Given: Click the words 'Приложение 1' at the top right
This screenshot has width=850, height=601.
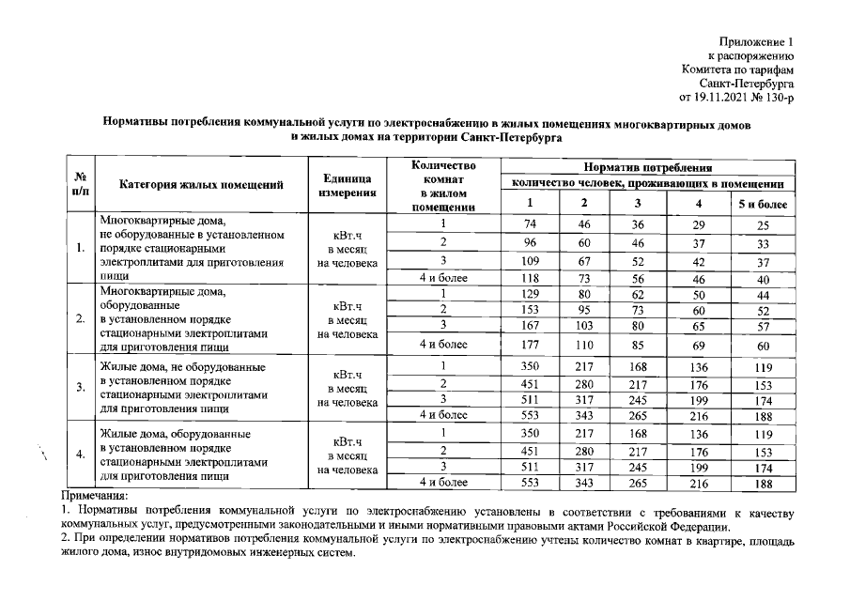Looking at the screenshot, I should pyautogui.click(x=756, y=42).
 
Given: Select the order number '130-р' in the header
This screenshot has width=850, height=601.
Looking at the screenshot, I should pyautogui.click(x=778, y=97).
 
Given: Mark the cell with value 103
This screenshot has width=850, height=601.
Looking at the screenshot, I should pyautogui.click(x=585, y=327).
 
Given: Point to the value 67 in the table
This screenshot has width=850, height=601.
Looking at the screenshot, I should pyautogui.click(x=585, y=262).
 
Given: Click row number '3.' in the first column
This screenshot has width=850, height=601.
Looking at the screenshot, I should pyautogui.click(x=81, y=387).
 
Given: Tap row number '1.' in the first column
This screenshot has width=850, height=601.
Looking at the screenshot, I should pyautogui.click(x=81, y=249).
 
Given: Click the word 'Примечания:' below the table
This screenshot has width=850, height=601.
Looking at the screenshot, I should pyautogui.click(x=93, y=495).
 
